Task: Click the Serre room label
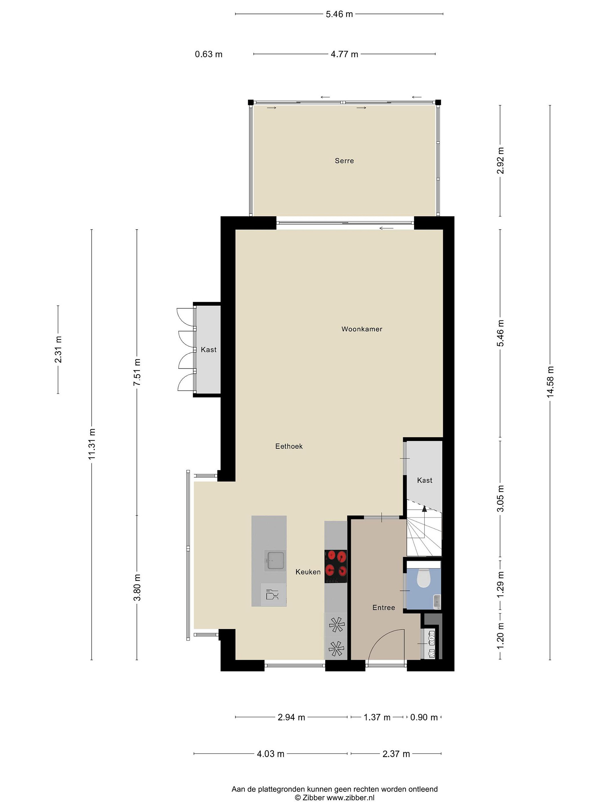[x=344, y=161]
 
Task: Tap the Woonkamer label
[x=362, y=329]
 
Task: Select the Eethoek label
[x=289, y=446]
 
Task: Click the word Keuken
[x=308, y=572]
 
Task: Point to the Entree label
[x=384, y=607]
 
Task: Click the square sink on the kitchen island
[x=275, y=561]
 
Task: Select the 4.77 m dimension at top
[x=344, y=54]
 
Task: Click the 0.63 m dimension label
[x=209, y=54]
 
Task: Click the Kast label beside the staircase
[x=424, y=480]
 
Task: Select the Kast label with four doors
[x=209, y=350]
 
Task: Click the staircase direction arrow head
[x=424, y=508]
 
